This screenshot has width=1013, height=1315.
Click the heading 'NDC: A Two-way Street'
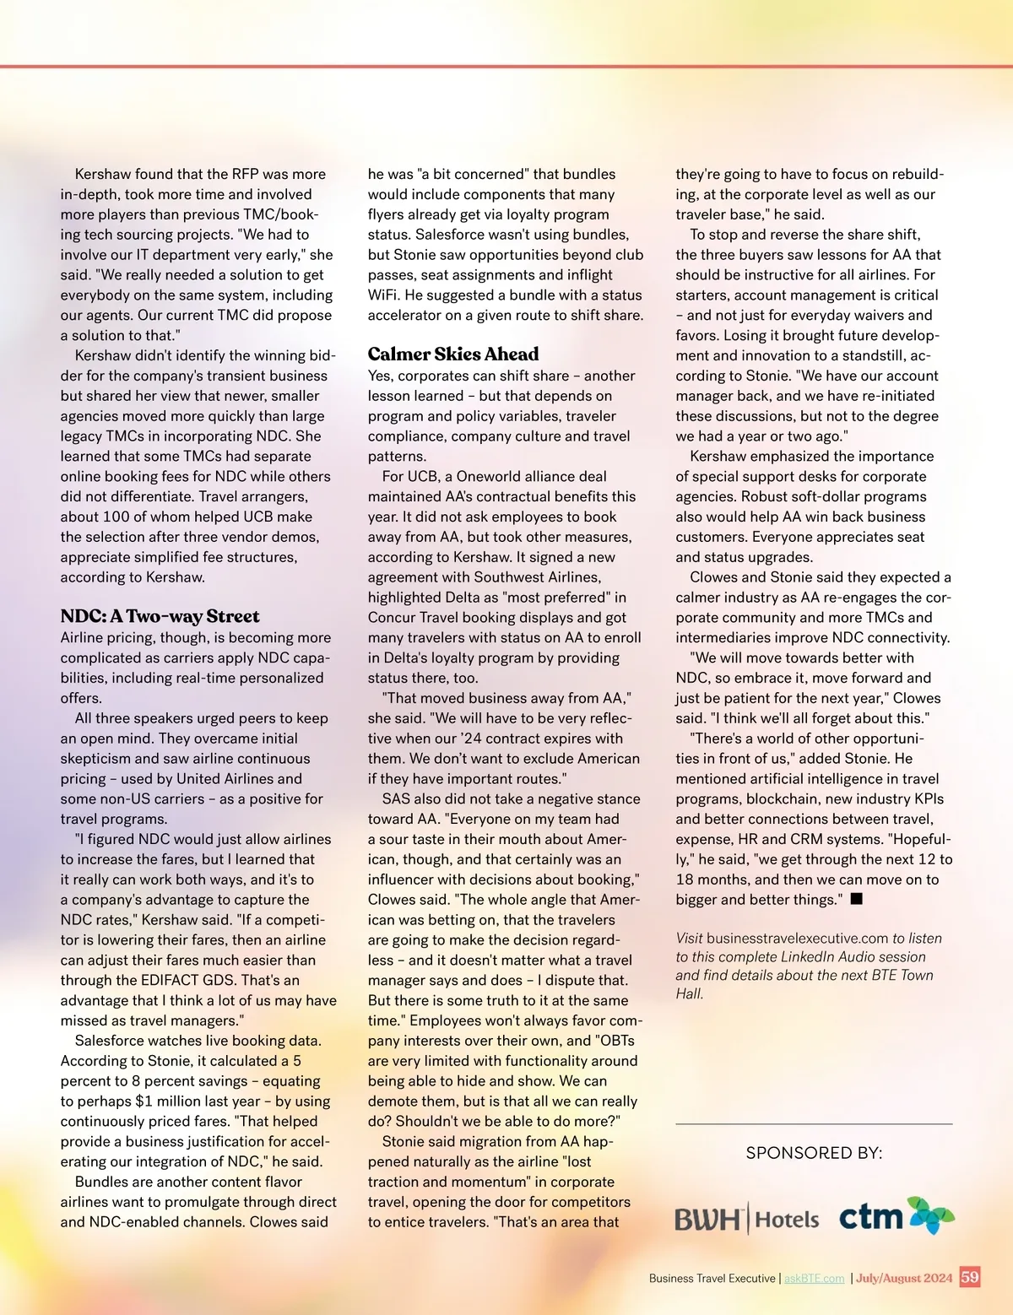(160, 616)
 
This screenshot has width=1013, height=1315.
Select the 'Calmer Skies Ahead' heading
(452, 354)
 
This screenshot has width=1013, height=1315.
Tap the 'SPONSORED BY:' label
(814, 1153)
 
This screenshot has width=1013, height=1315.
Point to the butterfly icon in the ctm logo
(930, 1215)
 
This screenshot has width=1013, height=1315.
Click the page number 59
(970, 1277)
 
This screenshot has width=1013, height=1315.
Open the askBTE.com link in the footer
(814, 1279)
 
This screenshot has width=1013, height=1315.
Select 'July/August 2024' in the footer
(904, 1278)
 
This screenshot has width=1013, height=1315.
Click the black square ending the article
(856, 899)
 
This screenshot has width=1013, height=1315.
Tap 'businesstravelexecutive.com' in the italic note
(797, 939)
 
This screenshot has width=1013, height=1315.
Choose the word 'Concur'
(394, 618)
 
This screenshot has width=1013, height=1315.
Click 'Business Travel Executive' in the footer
(712, 1279)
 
